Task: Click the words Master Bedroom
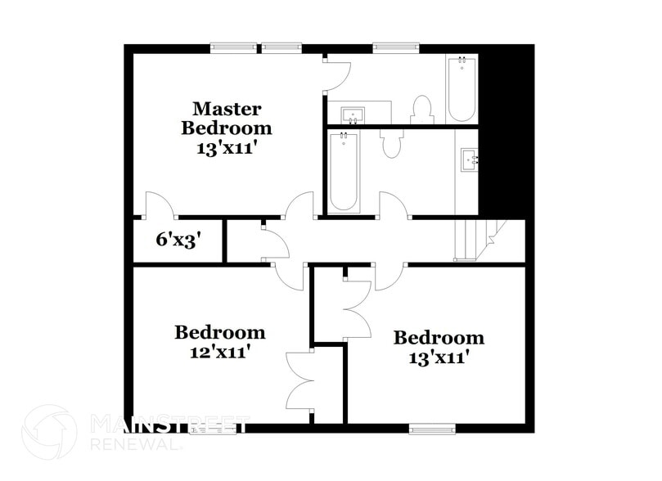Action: click(x=227, y=118)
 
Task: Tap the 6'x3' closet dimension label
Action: click(x=178, y=240)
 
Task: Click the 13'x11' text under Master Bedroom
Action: click(x=227, y=149)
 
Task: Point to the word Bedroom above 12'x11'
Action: click(x=219, y=332)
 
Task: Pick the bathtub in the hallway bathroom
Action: click(x=343, y=172)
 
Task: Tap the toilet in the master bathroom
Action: click(x=421, y=110)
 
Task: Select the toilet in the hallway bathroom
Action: click(x=392, y=142)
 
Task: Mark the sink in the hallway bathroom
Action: click(x=469, y=159)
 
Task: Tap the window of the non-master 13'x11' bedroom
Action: click(x=432, y=427)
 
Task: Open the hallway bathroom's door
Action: click(x=394, y=205)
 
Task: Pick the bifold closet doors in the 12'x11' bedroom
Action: click(x=299, y=380)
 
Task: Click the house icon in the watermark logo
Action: click(x=49, y=431)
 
